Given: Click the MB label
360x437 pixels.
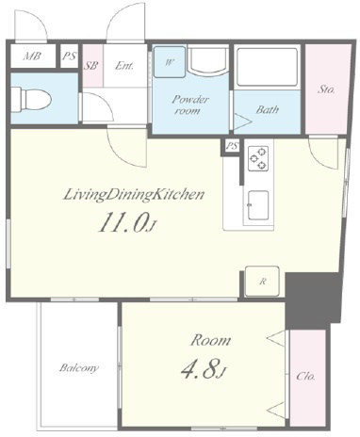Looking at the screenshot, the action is (32, 57).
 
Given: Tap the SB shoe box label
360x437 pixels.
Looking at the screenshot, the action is (92, 66).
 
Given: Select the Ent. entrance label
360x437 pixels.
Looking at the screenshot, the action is (124, 66).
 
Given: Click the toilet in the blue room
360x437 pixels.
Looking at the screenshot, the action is (31, 99).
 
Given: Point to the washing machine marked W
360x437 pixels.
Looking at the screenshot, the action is (170, 62).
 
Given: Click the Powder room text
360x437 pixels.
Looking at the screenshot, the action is (189, 105).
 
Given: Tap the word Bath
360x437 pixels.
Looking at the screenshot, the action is (268, 109).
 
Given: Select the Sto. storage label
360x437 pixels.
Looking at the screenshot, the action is (326, 89).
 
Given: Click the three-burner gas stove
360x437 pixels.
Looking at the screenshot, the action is (258, 158).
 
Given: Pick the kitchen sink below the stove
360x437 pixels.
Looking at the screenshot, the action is (258, 205).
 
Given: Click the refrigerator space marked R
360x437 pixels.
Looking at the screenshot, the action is (262, 282).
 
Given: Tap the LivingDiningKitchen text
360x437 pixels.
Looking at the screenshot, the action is (134, 195).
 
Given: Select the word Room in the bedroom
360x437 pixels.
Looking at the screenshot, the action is (210, 340).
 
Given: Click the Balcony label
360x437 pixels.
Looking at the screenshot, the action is (79, 367).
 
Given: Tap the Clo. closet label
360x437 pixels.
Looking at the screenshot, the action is (306, 376).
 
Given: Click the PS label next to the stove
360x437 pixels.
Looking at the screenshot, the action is (233, 146).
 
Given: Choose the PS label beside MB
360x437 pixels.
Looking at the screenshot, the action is (69, 57).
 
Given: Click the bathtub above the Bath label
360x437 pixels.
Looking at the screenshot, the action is (267, 67).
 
